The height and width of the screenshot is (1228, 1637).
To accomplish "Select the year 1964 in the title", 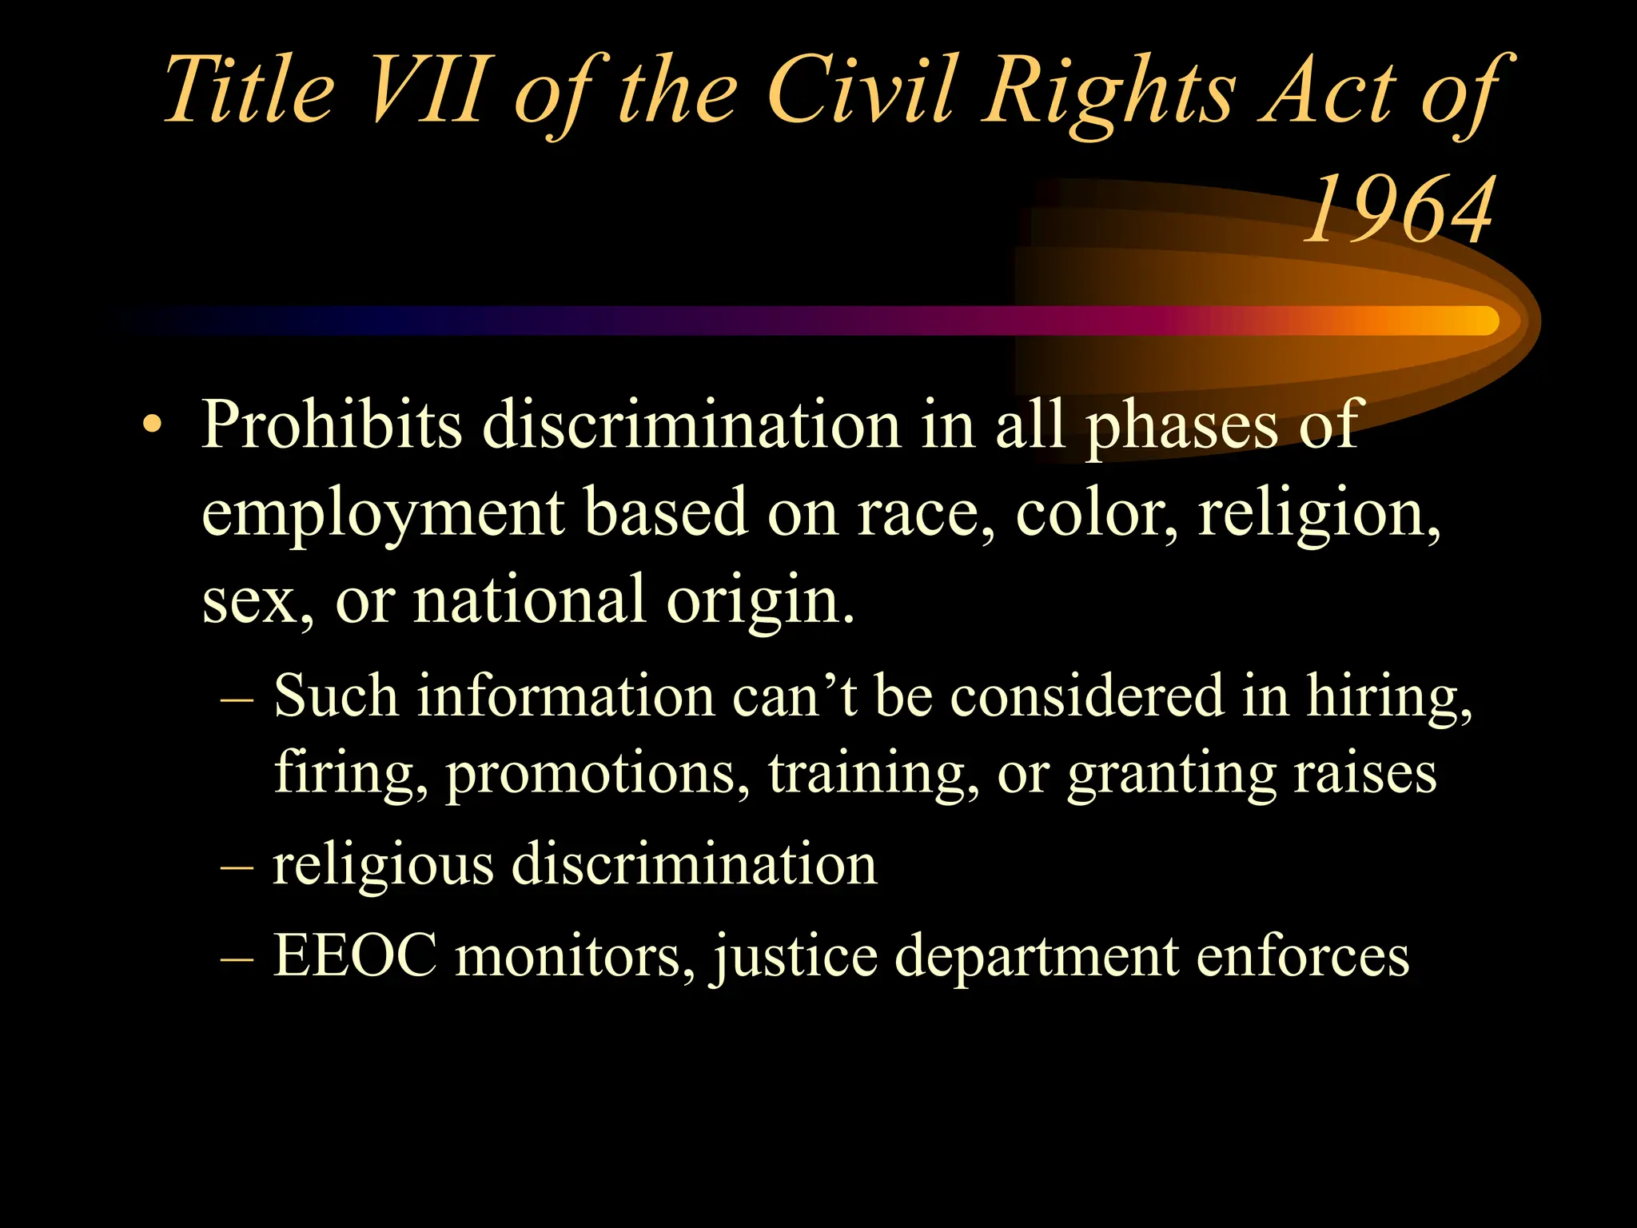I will click(1399, 209).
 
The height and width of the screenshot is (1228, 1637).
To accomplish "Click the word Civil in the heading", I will click(863, 90).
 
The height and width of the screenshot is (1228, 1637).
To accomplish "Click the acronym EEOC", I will click(355, 955).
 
